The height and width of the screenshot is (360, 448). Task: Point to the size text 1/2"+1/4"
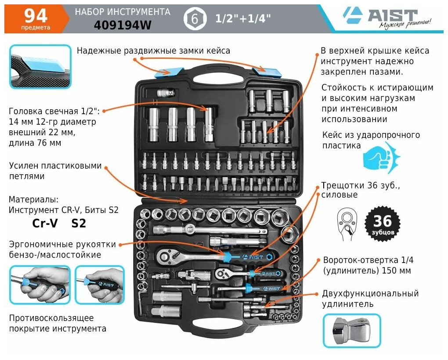pos(242,19)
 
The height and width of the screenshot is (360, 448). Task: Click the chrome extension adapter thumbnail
pos(351,331)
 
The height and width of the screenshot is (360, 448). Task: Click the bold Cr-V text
pos(45,223)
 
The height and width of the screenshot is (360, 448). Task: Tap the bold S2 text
pos(78,223)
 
